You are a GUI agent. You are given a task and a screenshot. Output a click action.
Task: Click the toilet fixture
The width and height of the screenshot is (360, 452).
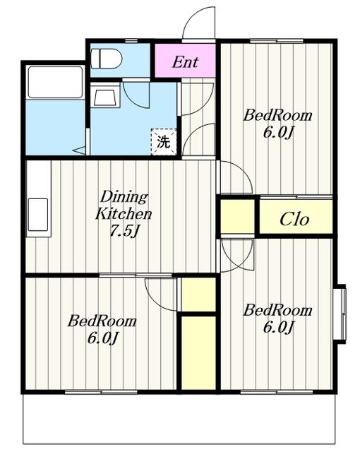point(107,59)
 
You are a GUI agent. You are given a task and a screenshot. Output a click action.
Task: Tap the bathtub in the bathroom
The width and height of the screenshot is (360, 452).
point(55,83)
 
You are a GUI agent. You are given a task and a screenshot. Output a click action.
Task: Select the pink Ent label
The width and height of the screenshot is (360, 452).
point(185,61)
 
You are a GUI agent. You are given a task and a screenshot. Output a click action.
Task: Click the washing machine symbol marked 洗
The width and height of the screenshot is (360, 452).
point(164,141)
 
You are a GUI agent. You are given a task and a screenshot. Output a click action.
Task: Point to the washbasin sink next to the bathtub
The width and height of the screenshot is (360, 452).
point(105,95)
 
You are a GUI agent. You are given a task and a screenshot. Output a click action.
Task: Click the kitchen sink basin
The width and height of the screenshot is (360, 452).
point(38,215)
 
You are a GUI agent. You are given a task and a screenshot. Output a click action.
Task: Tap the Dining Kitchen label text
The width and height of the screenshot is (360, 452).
point(124,206)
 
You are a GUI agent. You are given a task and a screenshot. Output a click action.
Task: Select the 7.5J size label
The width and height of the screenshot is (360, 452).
point(125,231)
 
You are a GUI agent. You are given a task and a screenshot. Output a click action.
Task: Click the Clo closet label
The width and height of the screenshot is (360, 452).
point(294,219)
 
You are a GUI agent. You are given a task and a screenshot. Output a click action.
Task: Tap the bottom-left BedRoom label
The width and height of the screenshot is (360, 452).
point(102,330)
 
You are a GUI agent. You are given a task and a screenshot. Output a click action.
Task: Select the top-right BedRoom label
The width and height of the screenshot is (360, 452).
point(277,124)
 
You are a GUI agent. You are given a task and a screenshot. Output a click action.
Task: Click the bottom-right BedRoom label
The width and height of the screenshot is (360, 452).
point(277,319)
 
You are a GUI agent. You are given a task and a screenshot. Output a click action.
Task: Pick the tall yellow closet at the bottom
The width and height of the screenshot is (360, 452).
point(199,353)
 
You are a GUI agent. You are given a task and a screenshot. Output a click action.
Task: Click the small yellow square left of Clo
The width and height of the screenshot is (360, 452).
point(237,217)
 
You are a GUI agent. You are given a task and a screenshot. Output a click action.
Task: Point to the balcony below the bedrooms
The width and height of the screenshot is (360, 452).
point(179,419)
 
